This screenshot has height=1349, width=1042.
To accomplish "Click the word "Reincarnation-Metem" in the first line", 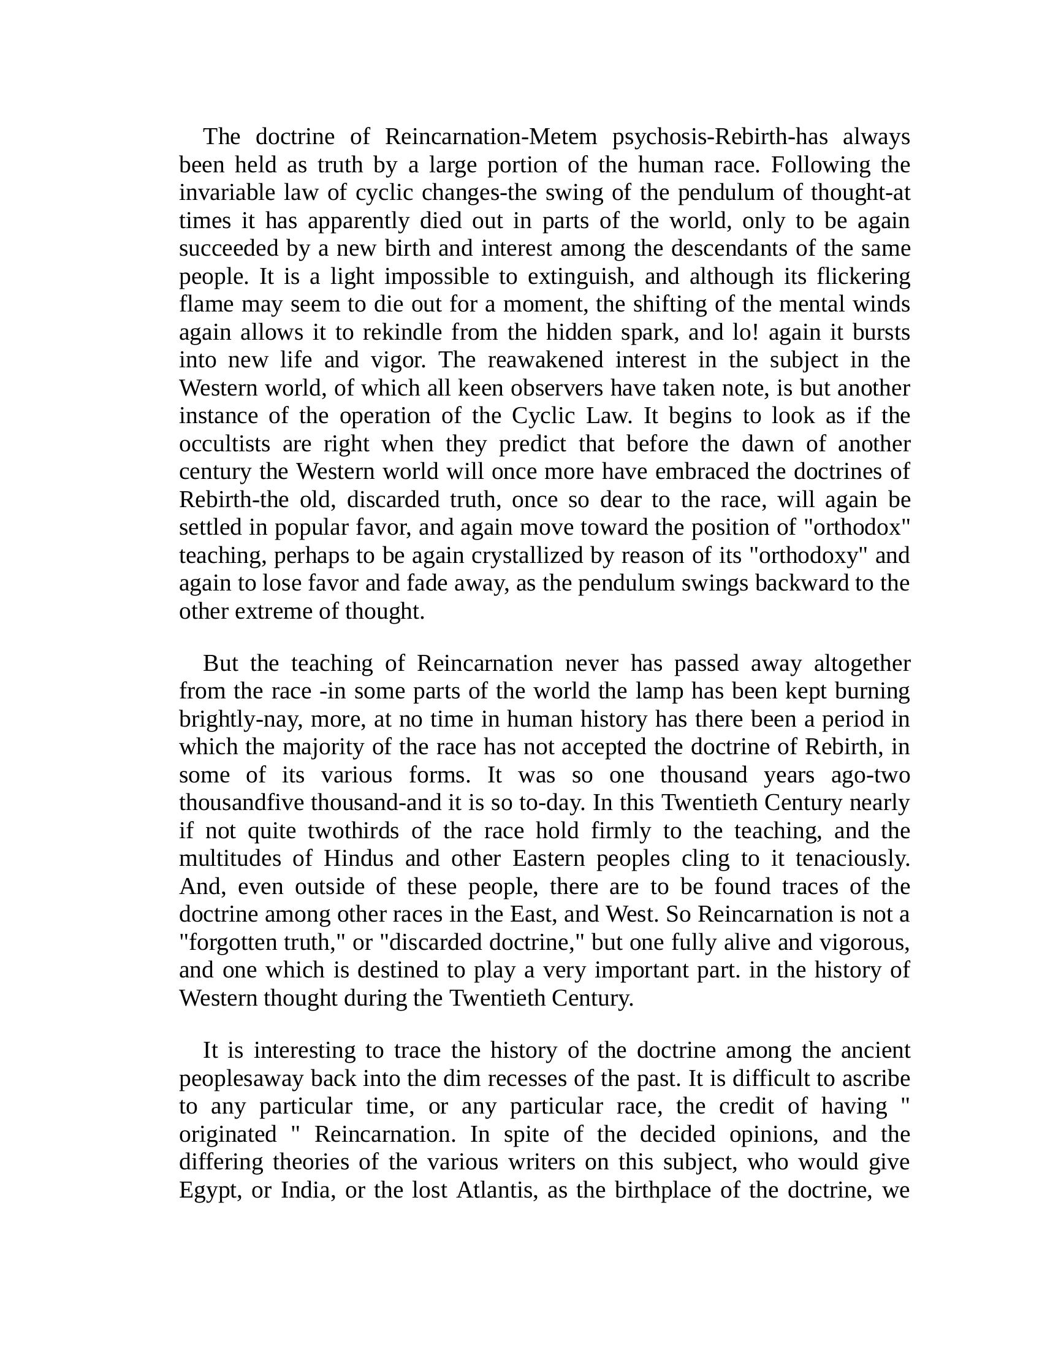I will (x=491, y=137).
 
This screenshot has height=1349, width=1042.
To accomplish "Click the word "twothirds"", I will (x=353, y=831).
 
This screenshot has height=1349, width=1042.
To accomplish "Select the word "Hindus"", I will (x=359, y=858).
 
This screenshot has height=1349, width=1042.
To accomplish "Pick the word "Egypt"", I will (x=208, y=1190).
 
